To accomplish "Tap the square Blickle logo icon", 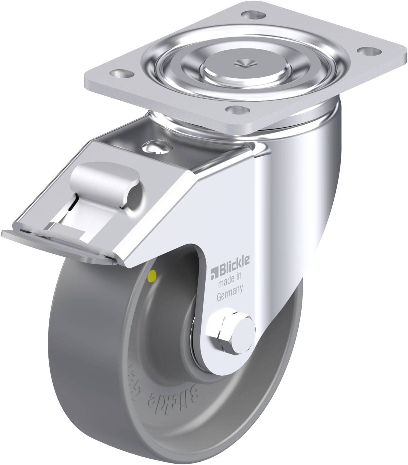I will (213, 268).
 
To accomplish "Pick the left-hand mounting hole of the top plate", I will (122, 73).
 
